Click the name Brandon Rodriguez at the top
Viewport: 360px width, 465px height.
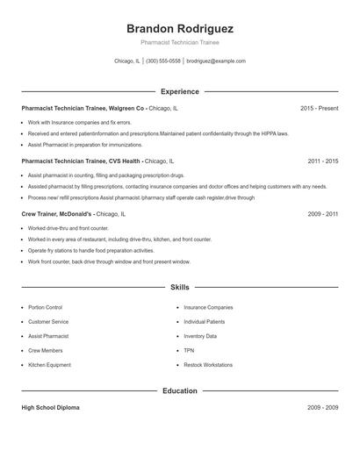180,28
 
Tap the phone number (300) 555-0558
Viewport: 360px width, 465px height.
163,61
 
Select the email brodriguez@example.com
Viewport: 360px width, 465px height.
216,61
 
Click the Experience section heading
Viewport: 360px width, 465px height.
180,91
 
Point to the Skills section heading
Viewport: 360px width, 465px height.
180,287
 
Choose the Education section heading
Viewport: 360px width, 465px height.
180,390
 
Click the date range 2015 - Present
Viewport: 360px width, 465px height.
319,108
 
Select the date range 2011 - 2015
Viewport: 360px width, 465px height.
323,161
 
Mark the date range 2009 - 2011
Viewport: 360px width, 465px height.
323,213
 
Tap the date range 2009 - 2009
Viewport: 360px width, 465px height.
323,408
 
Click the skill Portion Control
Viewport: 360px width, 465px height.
45,308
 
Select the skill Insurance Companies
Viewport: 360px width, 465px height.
208,308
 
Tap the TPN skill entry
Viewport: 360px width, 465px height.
189,350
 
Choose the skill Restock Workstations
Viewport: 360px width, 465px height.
208,365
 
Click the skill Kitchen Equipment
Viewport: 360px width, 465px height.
49,365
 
